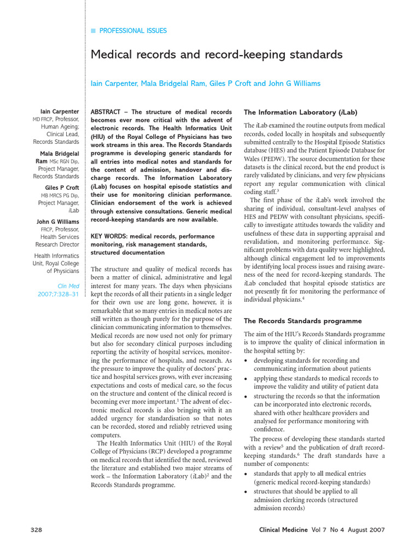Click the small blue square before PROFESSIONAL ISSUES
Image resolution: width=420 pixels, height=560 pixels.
tap(93, 31)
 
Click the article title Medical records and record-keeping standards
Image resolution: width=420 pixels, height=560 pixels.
tap(216, 55)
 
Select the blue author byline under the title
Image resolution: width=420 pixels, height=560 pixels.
tap(205, 84)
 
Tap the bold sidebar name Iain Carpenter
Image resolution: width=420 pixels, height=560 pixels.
tap(60, 111)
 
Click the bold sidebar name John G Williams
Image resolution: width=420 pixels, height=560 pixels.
tap(58, 221)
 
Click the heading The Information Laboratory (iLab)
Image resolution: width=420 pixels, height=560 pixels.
tap(300, 112)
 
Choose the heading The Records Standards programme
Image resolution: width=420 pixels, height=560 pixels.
tap(302, 320)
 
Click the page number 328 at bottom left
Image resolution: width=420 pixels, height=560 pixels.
tap(36, 530)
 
